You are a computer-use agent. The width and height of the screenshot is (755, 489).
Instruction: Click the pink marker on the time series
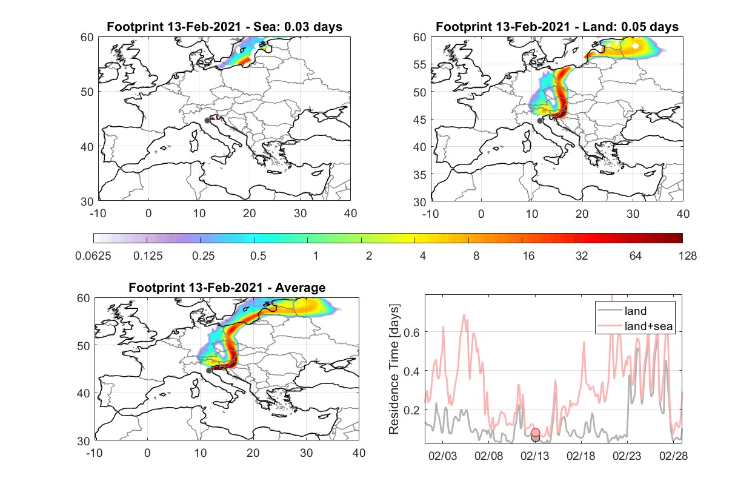point(536,433)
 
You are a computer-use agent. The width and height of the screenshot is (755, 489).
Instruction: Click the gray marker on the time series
point(536,439)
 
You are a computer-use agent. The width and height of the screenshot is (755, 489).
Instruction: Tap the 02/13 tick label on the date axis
point(534,456)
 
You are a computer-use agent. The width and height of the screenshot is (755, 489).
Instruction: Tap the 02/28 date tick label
point(673,456)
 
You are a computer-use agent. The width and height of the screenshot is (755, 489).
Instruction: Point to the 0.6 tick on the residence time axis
point(412,332)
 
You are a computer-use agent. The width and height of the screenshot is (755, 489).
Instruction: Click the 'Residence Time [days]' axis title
point(394,369)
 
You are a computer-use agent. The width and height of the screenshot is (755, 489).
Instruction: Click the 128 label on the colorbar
point(688,256)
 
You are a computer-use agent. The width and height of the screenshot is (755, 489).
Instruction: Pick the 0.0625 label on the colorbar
point(93,256)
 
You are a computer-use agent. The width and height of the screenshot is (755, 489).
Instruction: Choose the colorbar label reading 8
point(476,256)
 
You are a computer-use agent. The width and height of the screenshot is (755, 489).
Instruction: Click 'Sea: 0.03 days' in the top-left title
point(298,27)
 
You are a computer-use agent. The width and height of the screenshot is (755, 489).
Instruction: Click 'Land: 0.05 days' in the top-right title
point(630,27)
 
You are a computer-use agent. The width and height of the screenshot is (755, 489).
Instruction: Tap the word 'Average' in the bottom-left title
point(300,288)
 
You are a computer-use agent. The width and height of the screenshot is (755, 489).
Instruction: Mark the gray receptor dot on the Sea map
point(207,121)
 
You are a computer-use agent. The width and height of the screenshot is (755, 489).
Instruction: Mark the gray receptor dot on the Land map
point(540,121)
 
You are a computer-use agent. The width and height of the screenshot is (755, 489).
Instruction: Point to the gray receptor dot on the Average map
point(209,371)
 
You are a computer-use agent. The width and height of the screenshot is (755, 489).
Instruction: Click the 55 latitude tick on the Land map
point(420,64)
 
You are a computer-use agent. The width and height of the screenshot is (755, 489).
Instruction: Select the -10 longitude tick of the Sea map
point(98,214)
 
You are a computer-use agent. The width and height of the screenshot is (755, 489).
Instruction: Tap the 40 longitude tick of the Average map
point(359,453)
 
